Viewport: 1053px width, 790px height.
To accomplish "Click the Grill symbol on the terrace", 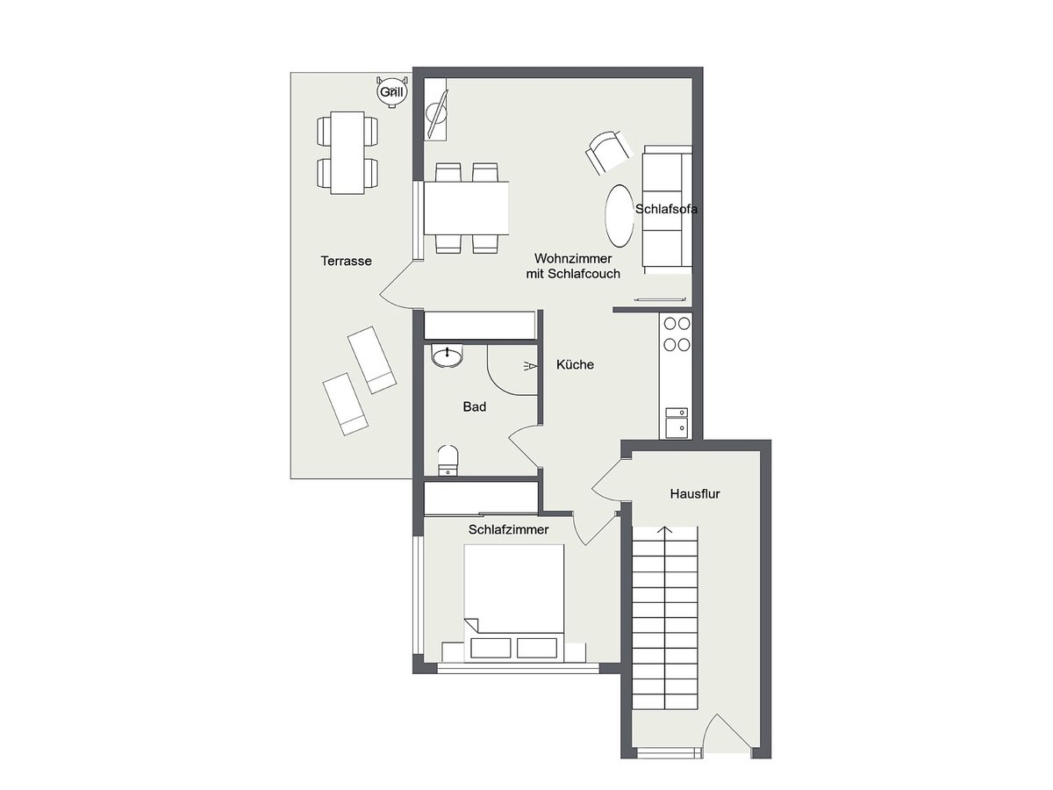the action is (x=392, y=91).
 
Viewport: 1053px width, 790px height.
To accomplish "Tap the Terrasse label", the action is (x=346, y=261).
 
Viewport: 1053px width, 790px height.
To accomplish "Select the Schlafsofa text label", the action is (x=666, y=209).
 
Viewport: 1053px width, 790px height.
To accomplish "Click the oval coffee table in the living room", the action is (x=620, y=216).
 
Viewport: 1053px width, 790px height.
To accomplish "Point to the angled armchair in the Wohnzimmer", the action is (x=607, y=152).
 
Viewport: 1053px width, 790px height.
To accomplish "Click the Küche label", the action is (x=575, y=364).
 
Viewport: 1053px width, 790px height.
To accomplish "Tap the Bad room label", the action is (x=474, y=406).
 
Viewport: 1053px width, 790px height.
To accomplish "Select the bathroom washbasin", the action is (x=448, y=355).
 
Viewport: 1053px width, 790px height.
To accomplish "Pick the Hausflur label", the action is (x=695, y=493).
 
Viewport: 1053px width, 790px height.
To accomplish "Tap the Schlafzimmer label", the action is (x=508, y=529).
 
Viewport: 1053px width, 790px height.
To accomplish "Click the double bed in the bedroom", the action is (x=514, y=603).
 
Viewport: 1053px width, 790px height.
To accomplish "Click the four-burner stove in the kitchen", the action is (x=676, y=334).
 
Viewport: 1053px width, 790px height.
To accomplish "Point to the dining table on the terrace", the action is (x=347, y=153).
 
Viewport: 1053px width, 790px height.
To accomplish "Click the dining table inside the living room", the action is (x=466, y=208).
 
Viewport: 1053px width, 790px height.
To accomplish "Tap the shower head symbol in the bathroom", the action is (x=530, y=366).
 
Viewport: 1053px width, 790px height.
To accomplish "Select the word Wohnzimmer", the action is (x=573, y=259).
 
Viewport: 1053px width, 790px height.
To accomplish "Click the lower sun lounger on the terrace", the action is (x=346, y=405).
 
